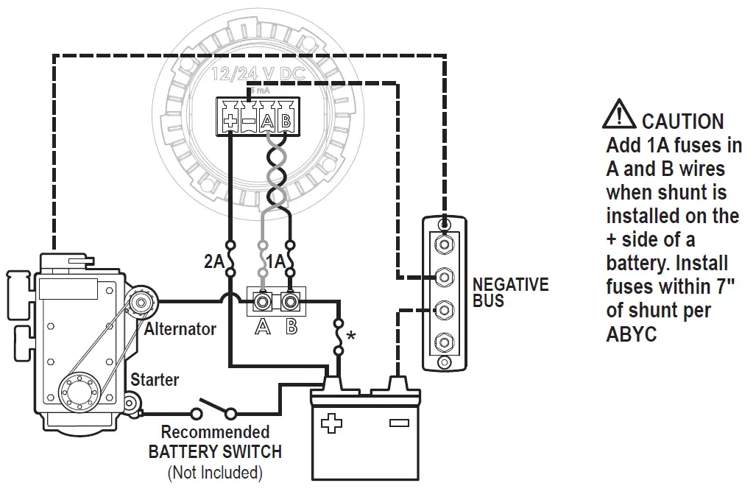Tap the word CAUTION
coord(682,121)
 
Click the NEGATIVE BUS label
coord(510,292)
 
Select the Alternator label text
coord(180,328)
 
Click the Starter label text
coord(155,380)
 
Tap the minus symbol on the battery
coord(398,423)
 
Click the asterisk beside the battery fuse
coord(351,336)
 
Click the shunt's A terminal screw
coord(262,300)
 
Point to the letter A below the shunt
coord(262,327)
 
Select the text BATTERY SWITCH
coord(215,451)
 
